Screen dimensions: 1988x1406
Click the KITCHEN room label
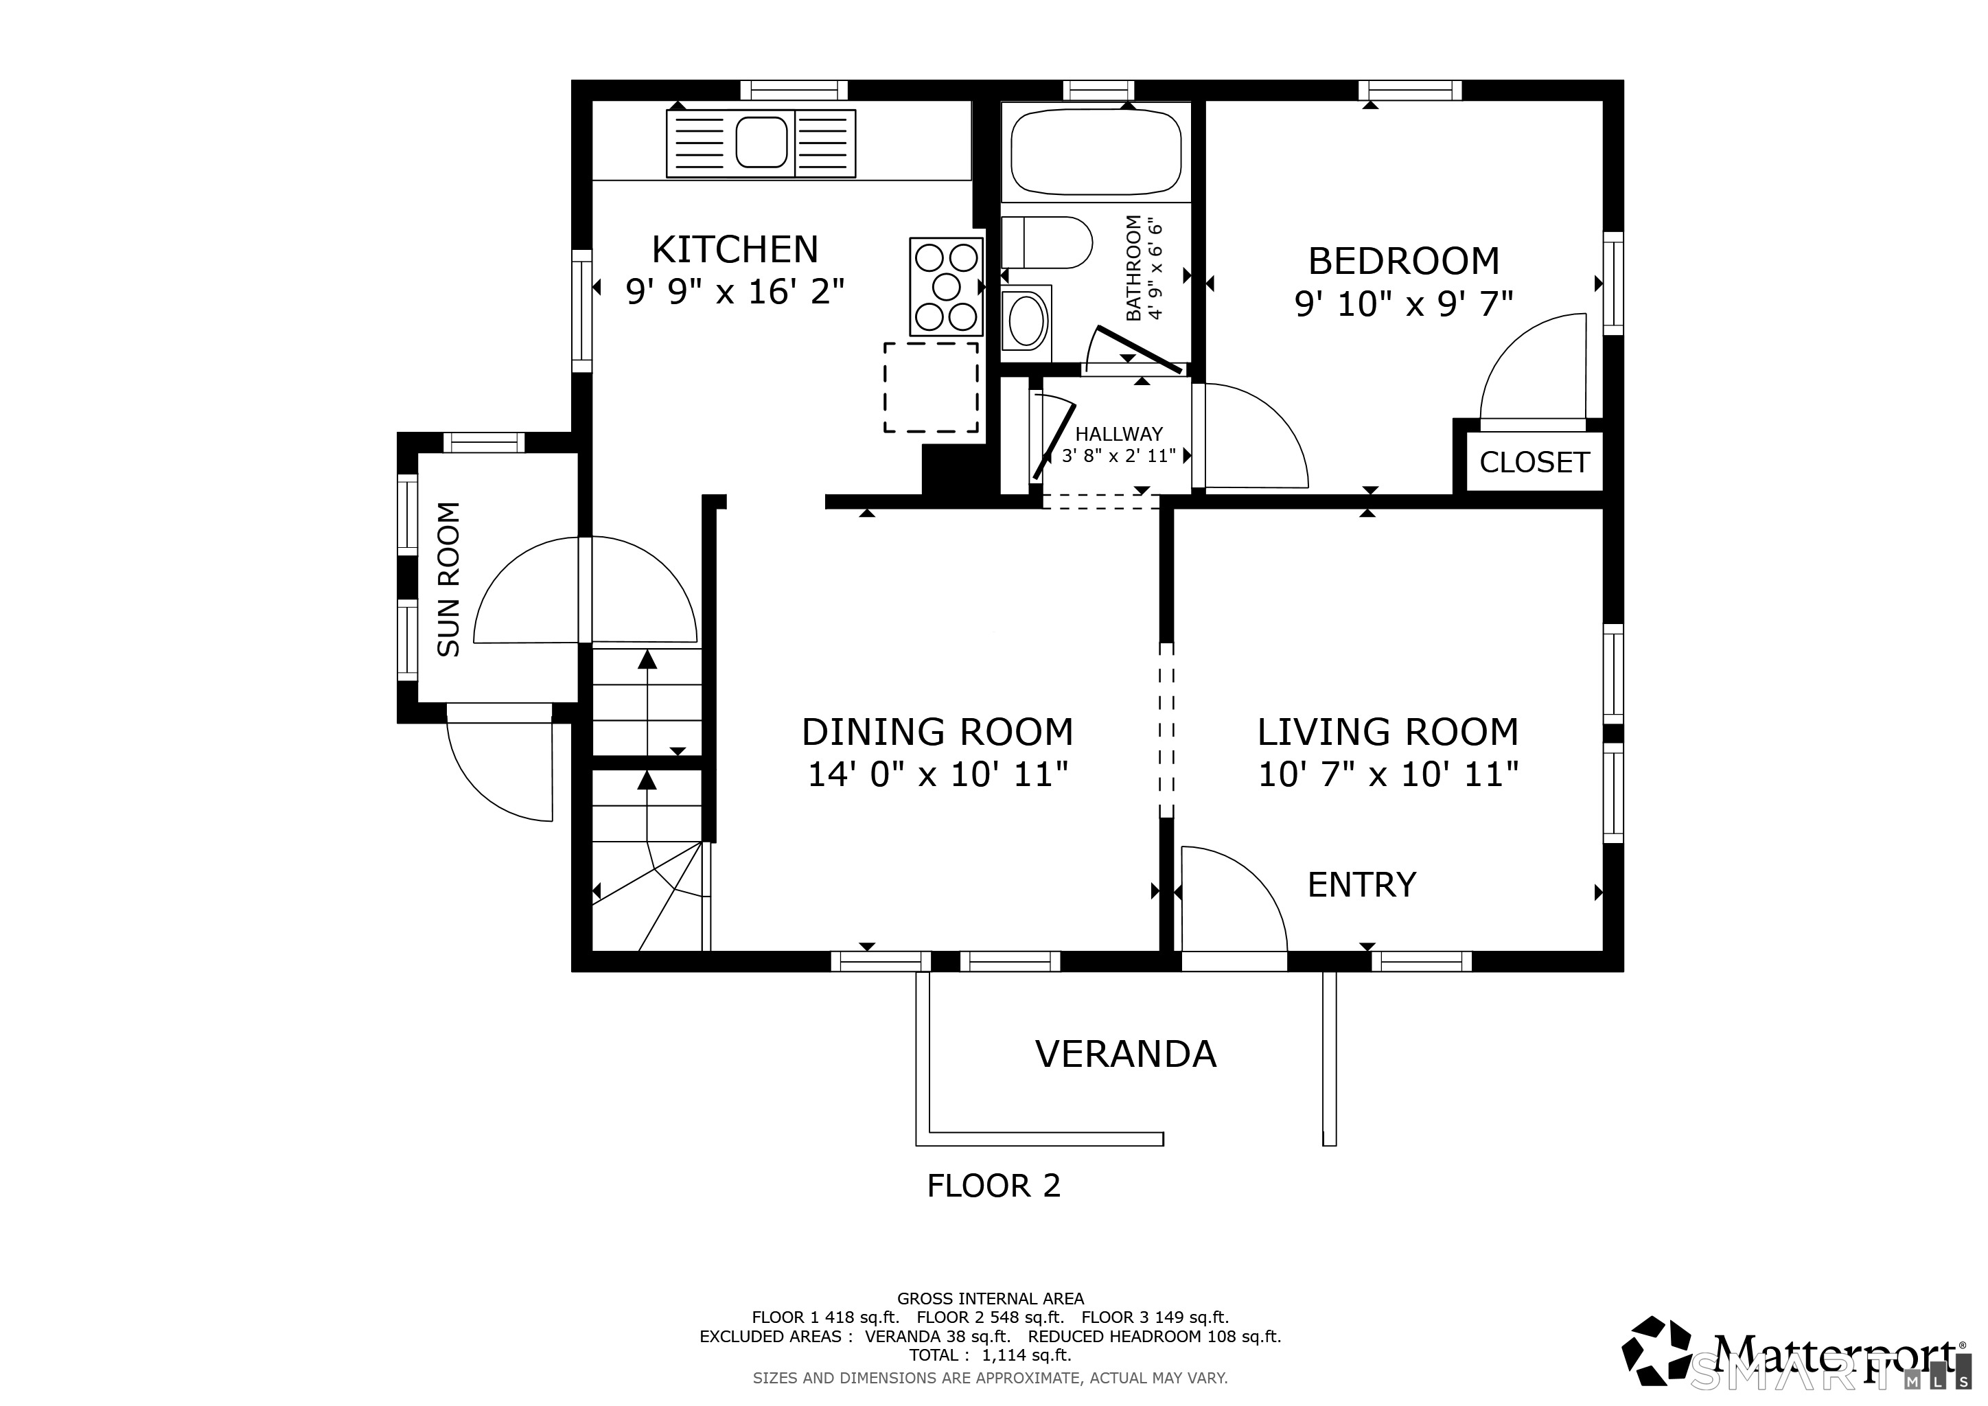tap(735, 249)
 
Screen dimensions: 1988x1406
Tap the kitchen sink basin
tap(761, 142)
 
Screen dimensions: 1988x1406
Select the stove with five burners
tap(947, 286)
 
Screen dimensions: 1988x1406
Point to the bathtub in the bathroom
tap(1096, 152)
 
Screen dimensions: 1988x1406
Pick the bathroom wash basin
tap(1027, 319)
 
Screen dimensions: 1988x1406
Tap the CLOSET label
tap(1534, 462)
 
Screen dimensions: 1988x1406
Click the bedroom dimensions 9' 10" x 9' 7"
tap(1404, 304)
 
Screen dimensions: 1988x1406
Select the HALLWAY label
tap(1119, 435)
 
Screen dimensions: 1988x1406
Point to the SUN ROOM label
tap(448, 579)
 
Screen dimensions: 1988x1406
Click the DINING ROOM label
tap(938, 733)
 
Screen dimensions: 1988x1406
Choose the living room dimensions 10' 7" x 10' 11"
tap(1388, 774)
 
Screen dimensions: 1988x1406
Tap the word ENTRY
tap(1362, 885)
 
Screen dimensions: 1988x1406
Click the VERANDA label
tap(1126, 1054)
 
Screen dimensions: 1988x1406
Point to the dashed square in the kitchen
tap(931, 387)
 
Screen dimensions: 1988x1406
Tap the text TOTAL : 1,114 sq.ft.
tap(990, 1355)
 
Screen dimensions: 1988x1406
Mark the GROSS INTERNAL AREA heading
tap(991, 1299)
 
